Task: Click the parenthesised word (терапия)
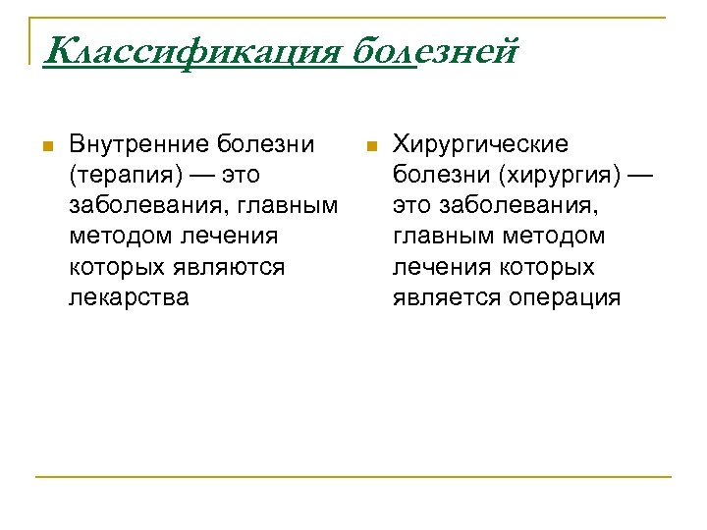[x=121, y=176]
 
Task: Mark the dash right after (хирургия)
[x=637, y=176]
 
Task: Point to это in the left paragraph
[x=245, y=176]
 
